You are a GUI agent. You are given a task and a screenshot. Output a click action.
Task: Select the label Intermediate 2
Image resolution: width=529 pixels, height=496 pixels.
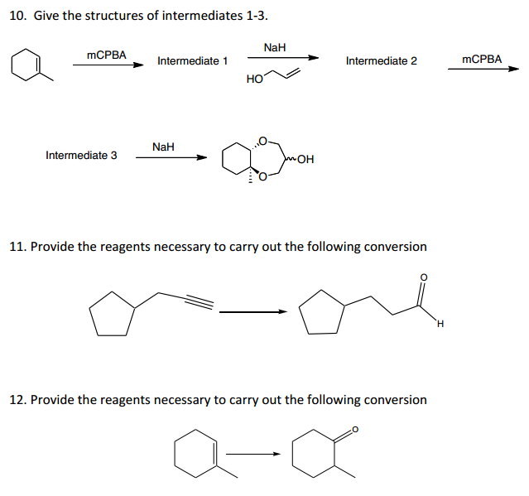[x=381, y=61]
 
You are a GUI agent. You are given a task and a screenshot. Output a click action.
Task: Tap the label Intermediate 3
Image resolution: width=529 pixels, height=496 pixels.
[x=81, y=156]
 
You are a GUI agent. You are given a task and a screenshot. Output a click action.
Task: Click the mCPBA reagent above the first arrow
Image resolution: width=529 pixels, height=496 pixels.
[x=107, y=55]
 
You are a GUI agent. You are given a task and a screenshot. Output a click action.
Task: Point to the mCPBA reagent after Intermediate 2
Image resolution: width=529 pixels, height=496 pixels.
[x=483, y=60]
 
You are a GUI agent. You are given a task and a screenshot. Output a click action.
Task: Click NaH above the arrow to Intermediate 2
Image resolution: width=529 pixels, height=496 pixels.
[x=275, y=48]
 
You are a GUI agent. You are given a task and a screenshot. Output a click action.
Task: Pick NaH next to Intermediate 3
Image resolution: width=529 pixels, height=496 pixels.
[x=163, y=147]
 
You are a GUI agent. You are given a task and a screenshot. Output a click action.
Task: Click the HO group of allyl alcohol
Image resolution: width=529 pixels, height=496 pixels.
[x=254, y=79]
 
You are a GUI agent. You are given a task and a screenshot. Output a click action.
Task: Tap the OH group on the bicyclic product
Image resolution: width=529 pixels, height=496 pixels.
[x=305, y=159]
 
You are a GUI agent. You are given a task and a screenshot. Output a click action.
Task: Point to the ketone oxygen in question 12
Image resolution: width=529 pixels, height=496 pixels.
[x=357, y=429]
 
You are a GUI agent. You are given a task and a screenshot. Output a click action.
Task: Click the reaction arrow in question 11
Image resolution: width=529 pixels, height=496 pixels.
[x=254, y=311]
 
